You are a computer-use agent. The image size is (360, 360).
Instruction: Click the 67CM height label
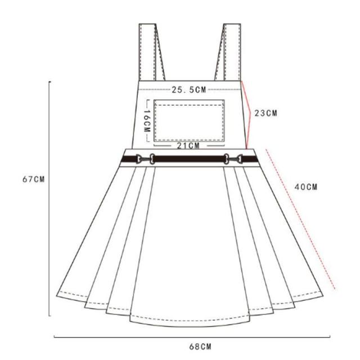pyautogui.click(x=34, y=179)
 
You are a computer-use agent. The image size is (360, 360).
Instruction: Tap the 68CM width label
pyautogui.click(x=200, y=346)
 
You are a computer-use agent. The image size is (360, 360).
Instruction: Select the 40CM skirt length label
pyautogui.click(x=306, y=187)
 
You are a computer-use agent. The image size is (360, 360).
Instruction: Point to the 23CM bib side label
pyautogui.click(x=266, y=113)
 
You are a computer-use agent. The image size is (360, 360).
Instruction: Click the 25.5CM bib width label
pyautogui.click(x=189, y=90)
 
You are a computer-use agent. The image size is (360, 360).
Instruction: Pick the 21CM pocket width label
pyautogui.click(x=188, y=146)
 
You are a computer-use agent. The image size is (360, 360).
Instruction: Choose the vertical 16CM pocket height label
pyautogui.click(x=147, y=121)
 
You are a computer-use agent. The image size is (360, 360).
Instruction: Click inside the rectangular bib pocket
pyautogui.click(x=189, y=121)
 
